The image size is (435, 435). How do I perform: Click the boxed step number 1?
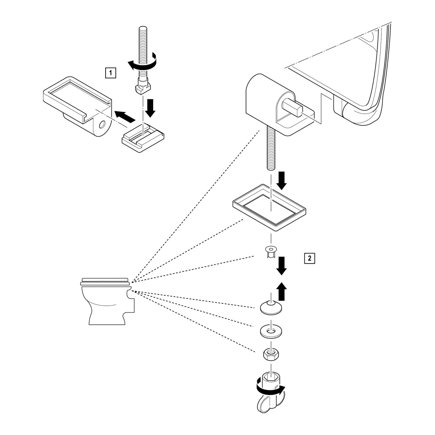pos(110,73)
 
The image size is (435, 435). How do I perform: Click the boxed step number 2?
pos(309,258)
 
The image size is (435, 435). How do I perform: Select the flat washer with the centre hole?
pos(271,331)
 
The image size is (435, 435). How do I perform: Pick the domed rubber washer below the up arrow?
pos(271,308)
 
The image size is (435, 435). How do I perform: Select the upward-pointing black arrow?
pos(281,291)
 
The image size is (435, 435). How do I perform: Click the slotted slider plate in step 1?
pos(143,137)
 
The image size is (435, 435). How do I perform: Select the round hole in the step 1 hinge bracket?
pos(102,125)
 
